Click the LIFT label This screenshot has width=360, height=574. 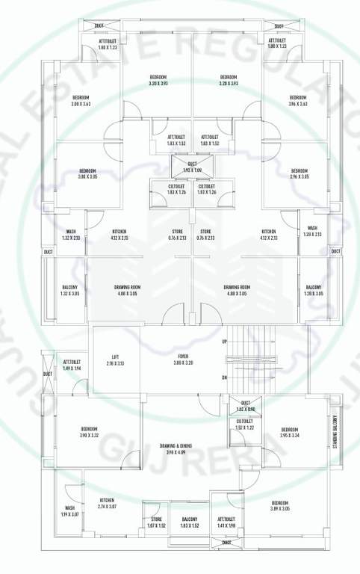pos(116,357)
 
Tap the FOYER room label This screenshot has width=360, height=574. pos(183,357)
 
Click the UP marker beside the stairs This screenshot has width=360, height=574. pos(224,342)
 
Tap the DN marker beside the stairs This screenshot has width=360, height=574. pos(224,378)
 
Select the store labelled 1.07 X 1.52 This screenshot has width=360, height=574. pos(156,522)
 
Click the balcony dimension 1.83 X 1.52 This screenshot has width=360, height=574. pos(190,526)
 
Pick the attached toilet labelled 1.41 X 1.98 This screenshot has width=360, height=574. pos(226,522)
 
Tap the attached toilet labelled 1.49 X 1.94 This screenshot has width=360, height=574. pos(72,365)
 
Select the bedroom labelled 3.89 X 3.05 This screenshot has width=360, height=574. pos(280,504)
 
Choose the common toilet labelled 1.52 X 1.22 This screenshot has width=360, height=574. pos(245,425)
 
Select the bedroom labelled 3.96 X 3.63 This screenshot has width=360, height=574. pos(297,101)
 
